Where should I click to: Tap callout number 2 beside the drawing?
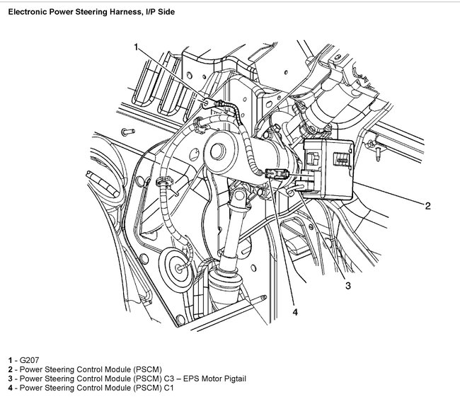(x=427, y=206)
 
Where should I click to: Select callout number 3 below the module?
(x=347, y=285)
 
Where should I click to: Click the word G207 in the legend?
(x=28, y=361)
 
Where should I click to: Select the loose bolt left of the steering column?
(x=125, y=132)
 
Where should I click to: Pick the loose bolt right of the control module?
(x=374, y=149)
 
